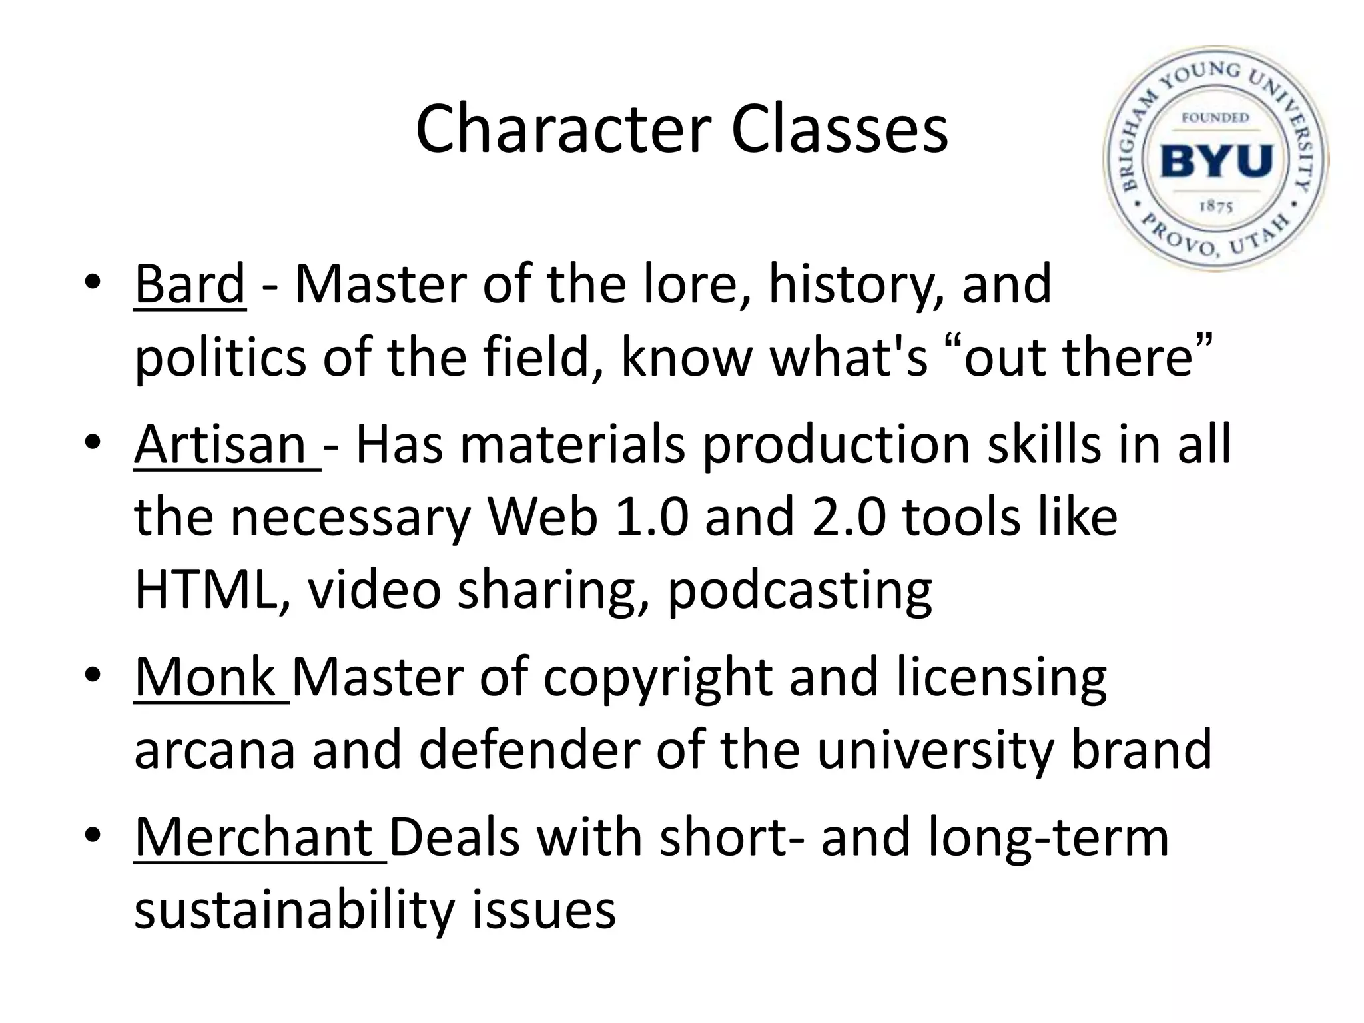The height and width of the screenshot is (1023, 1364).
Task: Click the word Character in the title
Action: pyautogui.click(x=563, y=129)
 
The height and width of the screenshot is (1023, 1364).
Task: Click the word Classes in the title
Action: pyautogui.click(x=839, y=129)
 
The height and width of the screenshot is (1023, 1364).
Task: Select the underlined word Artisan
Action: pyautogui.click(x=220, y=445)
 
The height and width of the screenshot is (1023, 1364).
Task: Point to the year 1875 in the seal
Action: pyautogui.click(x=1216, y=206)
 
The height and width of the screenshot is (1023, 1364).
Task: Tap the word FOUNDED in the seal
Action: pyautogui.click(x=1215, y=118)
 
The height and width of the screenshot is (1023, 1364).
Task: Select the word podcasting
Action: pyautogui.click(x=799, y=591)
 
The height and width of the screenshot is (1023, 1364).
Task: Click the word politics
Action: pyautogui.click(x=220, y=358)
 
